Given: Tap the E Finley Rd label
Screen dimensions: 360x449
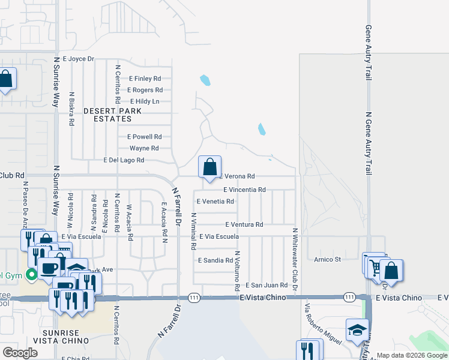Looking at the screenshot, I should pos(145,79).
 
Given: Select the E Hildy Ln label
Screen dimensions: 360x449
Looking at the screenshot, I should pos(144,101).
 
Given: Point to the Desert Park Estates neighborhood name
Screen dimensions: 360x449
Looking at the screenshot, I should pos(112,115).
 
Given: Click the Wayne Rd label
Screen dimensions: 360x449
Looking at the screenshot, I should pos(144,148).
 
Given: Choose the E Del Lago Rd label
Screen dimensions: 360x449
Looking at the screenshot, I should pos(124,160).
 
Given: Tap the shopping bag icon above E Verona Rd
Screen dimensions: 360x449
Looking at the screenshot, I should pos(209,167).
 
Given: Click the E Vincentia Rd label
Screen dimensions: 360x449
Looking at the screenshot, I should pos(244,190).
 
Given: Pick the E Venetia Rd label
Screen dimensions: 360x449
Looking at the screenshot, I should pos(215,202).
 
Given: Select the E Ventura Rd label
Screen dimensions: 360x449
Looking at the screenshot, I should pos(244,224).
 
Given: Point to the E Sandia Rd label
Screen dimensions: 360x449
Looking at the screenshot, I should pos(215,261).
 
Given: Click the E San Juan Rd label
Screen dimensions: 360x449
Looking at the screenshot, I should pos(266,286).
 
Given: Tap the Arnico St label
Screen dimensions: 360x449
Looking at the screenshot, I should pos(327,259).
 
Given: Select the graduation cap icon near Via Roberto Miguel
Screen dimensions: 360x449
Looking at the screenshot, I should pos(357,330).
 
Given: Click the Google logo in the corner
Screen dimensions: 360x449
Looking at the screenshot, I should pos(20,352).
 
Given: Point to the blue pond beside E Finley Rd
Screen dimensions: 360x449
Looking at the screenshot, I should pos(205,80).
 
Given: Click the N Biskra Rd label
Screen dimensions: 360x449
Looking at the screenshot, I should pos(71,109).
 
